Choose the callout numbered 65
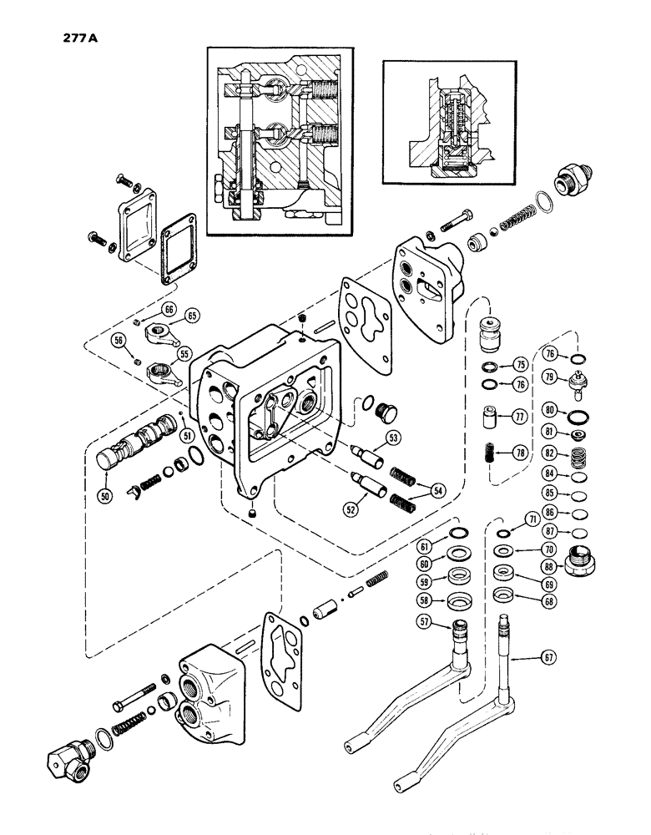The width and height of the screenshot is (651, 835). tap(193, 316)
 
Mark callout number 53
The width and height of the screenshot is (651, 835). tap(393, 436)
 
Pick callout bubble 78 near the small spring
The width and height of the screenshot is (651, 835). tap(520, 453)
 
